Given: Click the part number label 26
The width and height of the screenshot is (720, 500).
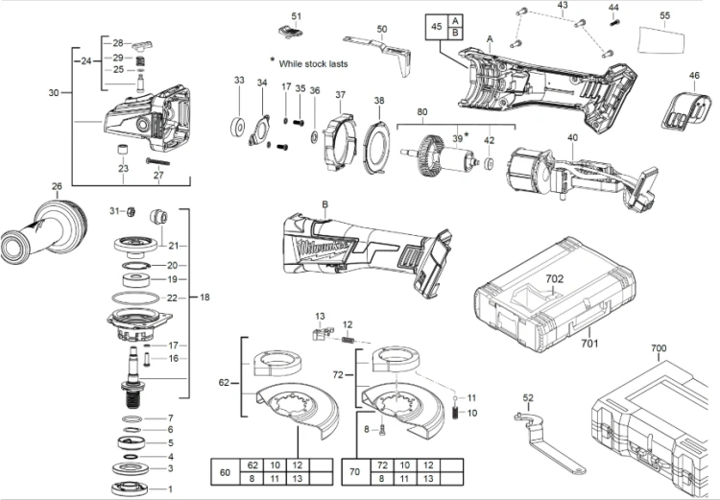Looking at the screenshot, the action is tap(57, 186).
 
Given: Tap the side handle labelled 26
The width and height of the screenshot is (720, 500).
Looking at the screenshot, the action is tap(43, 228).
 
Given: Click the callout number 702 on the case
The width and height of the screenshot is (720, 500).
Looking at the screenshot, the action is tap(554, 278).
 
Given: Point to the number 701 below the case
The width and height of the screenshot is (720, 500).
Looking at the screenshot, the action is tap(589, 343).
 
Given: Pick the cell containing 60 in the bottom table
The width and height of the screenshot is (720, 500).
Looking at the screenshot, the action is tap(226, 472).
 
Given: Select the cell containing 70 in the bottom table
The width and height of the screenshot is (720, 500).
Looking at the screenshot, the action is tap(355, 472).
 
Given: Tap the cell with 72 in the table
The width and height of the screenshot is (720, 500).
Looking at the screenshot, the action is tap(382, 465).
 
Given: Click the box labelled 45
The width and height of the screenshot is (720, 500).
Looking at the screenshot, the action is tap(437, 27).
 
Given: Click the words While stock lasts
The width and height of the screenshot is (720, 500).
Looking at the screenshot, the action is tap(313, 64).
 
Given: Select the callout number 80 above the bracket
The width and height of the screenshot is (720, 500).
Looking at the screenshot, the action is tap(422, 111).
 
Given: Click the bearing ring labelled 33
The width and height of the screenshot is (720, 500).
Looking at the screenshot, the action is tap(237, 127).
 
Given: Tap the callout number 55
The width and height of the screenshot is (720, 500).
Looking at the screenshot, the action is tap(664, 15).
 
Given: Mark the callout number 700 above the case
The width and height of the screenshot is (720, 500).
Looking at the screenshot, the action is tap(659, 348).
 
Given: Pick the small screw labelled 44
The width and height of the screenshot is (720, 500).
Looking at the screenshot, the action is tap(614, 21).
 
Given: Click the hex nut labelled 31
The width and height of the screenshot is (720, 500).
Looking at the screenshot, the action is tap(130, 211).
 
